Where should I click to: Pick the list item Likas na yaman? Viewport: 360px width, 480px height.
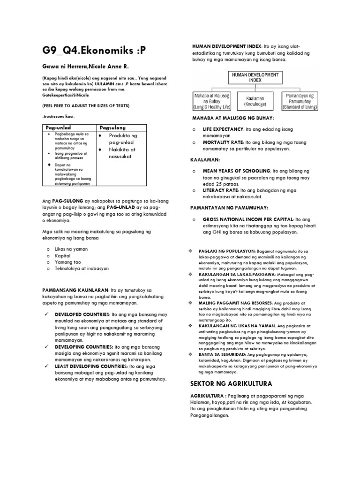[71, 249]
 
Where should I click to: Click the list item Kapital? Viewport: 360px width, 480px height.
[62, 255]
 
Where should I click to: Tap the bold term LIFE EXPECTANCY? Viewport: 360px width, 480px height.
[223, 129]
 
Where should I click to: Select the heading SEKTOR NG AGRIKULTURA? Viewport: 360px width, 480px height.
[231, 384]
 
